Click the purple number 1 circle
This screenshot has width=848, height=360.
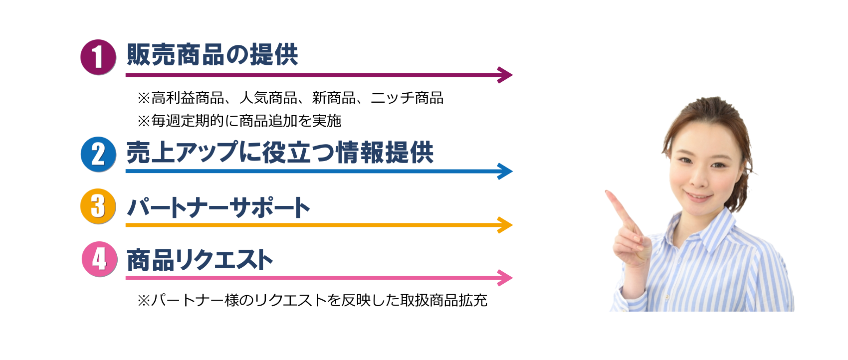coord(98,57)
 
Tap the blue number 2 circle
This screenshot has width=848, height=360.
coord(98,154)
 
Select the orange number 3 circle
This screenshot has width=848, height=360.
coord(98,206)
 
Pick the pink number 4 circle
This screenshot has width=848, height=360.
coord(99,259)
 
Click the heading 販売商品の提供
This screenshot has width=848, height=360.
coord(212,55)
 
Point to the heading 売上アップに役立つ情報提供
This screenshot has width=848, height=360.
coord(279,153)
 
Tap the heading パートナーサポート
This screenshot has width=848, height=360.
coord(218,207)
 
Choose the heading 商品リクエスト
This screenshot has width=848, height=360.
coord(200,260)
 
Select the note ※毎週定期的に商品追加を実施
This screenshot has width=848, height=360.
coord(239,121)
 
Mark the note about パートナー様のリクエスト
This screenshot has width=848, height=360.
coord(312,300)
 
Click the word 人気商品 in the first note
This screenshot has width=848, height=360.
coord(268,98)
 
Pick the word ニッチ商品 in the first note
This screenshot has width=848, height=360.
coord(407,98)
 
